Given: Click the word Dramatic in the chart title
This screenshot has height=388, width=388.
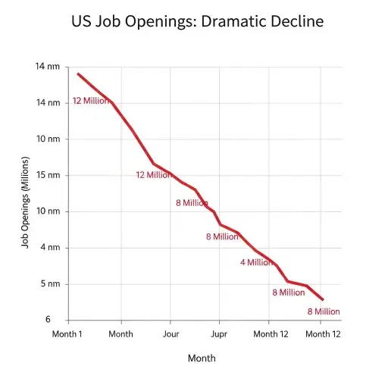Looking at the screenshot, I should pyautogui.click(x=230, y=21).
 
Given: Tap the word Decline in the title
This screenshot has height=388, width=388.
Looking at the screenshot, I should pyautogui.click(x=296, y=21).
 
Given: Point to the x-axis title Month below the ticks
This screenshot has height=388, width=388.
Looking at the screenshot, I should pyautogui.click(x=202, y=358).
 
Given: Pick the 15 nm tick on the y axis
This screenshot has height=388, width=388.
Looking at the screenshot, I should pyautogui.click(x=47, y=175).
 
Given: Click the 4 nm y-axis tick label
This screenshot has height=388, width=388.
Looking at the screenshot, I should pyautogui.click(x=49, y=248).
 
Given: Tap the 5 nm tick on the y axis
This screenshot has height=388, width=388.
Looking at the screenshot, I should pyautogui.click(x=49, y=284).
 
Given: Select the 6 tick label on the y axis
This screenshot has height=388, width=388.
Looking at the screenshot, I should pyautogui.click(x=47, y=320).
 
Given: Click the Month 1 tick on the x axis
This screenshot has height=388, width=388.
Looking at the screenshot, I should pyautogui.click(x=67, y=333).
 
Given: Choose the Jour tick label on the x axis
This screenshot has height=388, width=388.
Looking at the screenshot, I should pyautogui.click(x=171, y=333).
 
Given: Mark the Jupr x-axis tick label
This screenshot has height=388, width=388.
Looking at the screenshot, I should pyautogui.click(x=219, y=333).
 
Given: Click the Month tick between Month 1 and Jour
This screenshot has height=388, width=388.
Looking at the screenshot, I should pyautogui.click(x=120, y=333).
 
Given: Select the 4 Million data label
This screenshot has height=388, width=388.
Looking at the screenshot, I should pyautogui.click(x=257, y=262).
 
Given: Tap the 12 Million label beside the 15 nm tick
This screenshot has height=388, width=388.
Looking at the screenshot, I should pyautogui.click(x=154, y=175).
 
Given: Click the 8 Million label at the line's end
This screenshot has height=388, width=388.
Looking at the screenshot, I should pyautogui.click(x=324, y=311).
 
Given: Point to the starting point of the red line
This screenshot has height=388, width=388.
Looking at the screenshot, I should pyautogui.click(x=77, y=74).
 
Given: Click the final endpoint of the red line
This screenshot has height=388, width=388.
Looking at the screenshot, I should pyautogui.click(x=323, y=299).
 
